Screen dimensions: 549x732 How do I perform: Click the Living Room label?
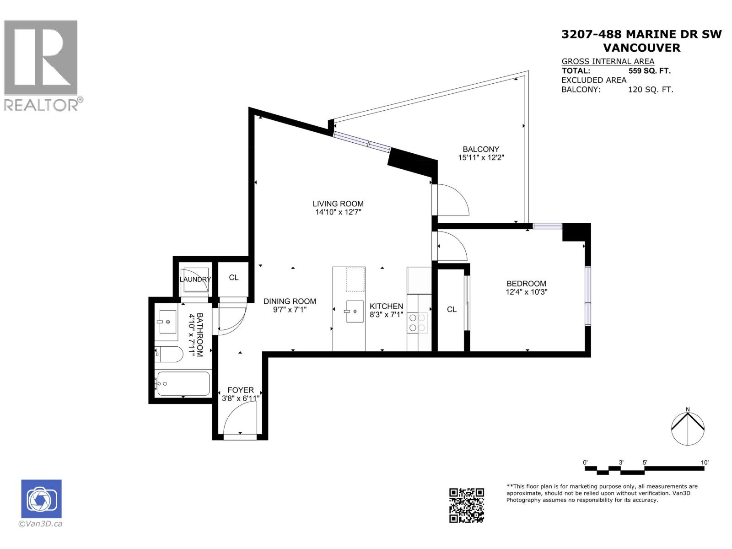338,204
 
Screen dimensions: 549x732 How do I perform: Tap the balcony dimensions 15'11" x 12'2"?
481,158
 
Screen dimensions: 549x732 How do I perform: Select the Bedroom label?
526,283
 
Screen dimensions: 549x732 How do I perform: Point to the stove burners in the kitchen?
417,322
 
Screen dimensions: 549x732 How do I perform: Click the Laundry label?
195,279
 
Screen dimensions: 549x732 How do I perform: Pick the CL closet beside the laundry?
233,277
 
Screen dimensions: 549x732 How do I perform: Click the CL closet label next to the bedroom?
452,309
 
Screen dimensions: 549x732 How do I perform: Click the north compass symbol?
688,429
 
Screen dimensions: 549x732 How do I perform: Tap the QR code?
466,505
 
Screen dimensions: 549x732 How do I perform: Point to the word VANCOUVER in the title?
641,48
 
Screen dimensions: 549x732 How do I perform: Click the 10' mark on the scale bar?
704,463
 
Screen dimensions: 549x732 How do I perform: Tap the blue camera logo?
41,499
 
